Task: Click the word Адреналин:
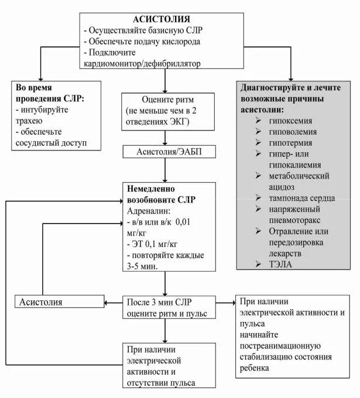click(x=149, y=211)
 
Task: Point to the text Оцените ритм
click(x=163, y=99)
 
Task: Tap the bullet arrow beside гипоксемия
click(x=258, y=120)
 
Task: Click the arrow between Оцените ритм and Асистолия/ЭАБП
click(x=165, y=138)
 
